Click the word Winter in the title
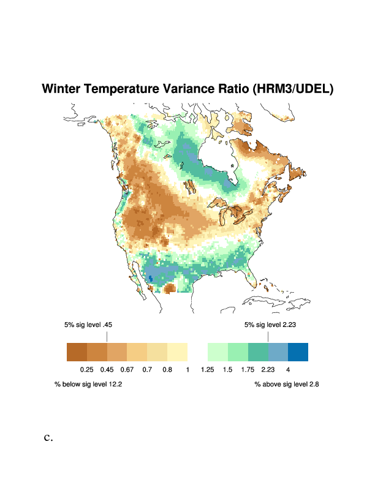pyautogui.click(x=61, y=89)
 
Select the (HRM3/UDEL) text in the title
pyautogui.click(x=293, y=89)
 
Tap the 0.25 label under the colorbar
pyautogui.click(x=86, y=369)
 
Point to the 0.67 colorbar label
pyautogui.click(x=127, y=369)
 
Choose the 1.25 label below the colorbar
pyautogui.click(x=207, y=369)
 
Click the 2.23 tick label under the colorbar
pyautogui.click(x=268, y=369)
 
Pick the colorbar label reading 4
pyautogui.click(x=287, y=369)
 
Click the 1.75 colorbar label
pyautogui.click(x=248, y=369)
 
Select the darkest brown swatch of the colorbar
pyautogui.click(x=77, y=352)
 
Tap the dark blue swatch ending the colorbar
pyautogui.click(x=298, y=352)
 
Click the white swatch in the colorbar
pyautogui.click(x=197, y=352)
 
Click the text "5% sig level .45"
pyautogui.click(x=88, y=325)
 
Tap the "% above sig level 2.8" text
pyautogui.click(x=287, y=385)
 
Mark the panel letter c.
pyautogui.click(x=48, y=438)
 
